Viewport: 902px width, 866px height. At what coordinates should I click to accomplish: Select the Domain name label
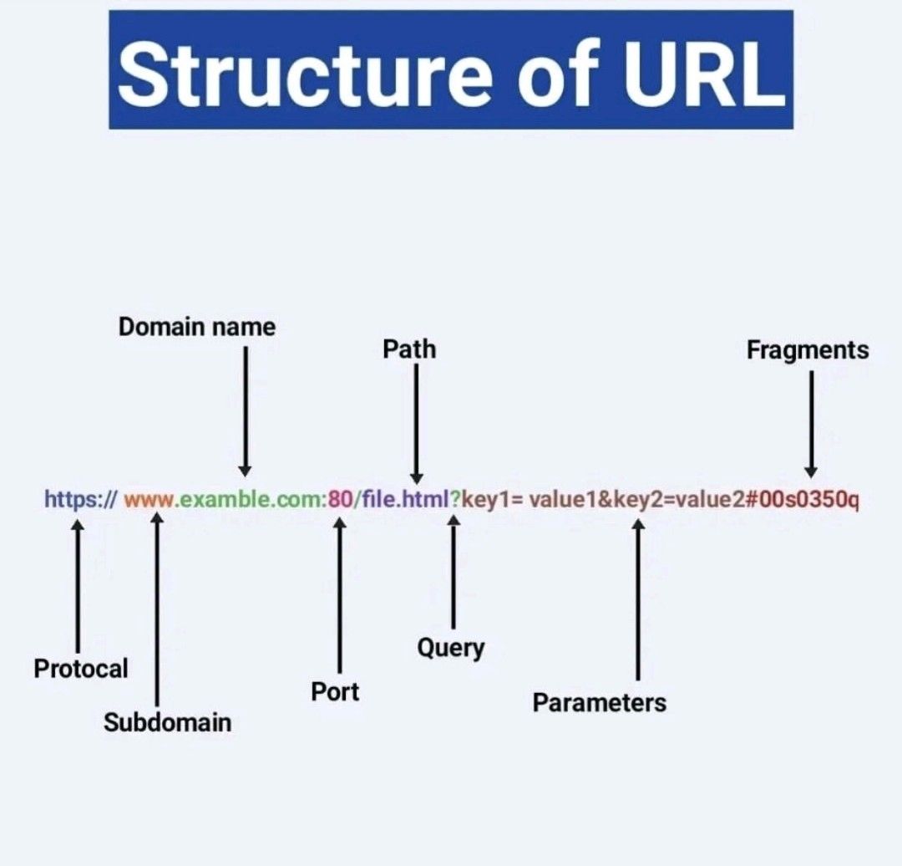click(x=196, y=327)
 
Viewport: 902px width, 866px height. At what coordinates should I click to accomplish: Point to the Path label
click(x=409, y=349)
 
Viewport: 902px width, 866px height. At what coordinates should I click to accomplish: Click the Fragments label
click(x=808, y=349)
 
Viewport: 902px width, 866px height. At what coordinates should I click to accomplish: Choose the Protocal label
click(x=81, y=668)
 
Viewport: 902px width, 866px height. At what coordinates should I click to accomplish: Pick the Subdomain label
click(x=167, y=721)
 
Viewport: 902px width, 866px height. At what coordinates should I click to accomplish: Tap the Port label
click(x=335, y=691)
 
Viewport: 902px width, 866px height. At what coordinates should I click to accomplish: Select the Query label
click(x=451, y=647)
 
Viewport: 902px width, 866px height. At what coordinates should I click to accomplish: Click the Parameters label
click(x=600, y=702)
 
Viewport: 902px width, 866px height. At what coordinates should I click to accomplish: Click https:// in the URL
click(x=80, y=500)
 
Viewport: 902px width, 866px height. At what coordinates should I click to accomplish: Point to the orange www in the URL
click(x=149, y=501)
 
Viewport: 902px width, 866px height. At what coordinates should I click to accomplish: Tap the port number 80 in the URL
click(x=340, y=501)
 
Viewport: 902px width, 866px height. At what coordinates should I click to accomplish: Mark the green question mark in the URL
click(x=455, y=501)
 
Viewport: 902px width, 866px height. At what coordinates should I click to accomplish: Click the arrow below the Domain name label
click(x=245, y=410)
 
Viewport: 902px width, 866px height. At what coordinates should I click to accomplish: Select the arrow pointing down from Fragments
click(x=810, y=423)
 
